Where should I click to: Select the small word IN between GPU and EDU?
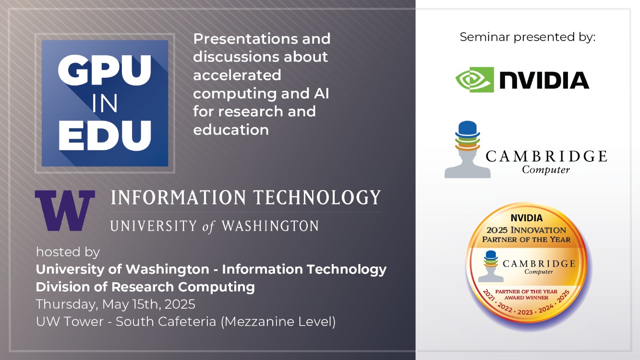[105, 104]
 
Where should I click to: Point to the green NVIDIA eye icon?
[474, 79]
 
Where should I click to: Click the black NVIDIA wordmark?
[544, 80]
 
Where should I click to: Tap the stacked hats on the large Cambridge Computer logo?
[467, 137]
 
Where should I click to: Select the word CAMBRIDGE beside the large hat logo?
[546, 156]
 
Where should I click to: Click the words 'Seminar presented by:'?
[527, 37]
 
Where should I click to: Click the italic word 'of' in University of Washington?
[208, 227]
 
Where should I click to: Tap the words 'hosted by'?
[68, 252]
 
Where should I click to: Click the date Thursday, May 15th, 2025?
[115, 304]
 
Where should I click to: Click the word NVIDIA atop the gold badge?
[526, 218]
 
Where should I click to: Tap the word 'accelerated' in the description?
[237, 75]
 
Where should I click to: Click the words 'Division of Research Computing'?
[145, 287]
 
